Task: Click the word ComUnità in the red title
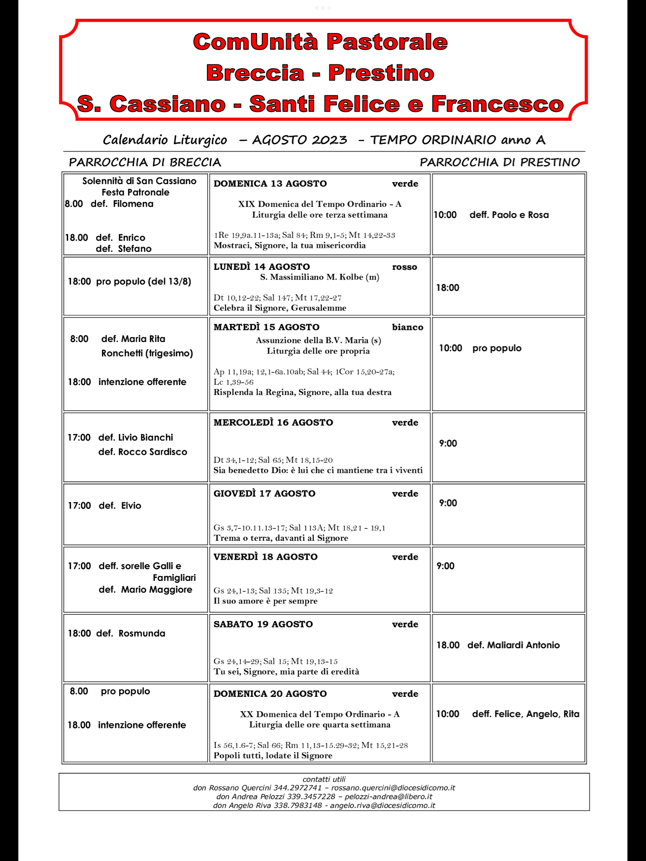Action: (x=256, y=42)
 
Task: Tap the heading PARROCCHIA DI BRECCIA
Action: (x=145, y=162)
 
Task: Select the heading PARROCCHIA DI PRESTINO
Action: (x=500, y=162)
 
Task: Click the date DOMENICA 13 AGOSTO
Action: (x=270, y=184)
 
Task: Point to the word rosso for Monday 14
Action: (x=404, y=267)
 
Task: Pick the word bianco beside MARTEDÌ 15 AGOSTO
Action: (x=408, y=327)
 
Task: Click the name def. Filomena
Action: (x=122, y=204)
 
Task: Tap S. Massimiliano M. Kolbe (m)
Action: (x=319, y=277)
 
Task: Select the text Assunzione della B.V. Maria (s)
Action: (x=318, y=340)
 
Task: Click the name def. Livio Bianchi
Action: (x=136, y=438)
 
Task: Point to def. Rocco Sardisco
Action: (x=142, y=452)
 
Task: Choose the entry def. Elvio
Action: (x=120, y=506)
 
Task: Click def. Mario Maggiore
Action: (x=145, y=590)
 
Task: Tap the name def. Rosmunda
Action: (x=130, y=633)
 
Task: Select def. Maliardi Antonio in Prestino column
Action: (x=513, y=645)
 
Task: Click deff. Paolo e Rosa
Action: (x=509, y=215)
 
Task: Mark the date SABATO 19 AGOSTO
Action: (x=263, y=624)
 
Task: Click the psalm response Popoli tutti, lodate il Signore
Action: (x=273, y=755)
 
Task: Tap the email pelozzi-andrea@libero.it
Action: (x=388, y=796)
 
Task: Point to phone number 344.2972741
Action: (x=297, y=788)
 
